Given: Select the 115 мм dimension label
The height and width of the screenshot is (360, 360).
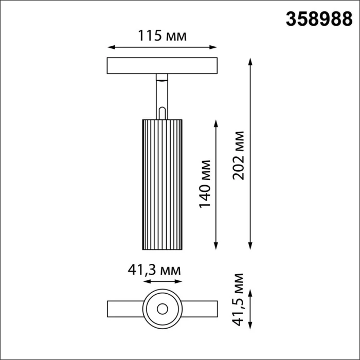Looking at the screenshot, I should click(x=162, y=35).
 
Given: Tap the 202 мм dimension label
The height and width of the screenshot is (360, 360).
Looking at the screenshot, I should click(x=238, y=154).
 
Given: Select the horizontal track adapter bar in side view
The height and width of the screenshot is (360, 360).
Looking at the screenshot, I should click(x=162, y=66).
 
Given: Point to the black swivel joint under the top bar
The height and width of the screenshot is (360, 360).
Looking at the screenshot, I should click(x=162, y=78).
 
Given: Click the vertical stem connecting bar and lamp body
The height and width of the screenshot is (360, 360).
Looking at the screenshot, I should click(x=162, y=98).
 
